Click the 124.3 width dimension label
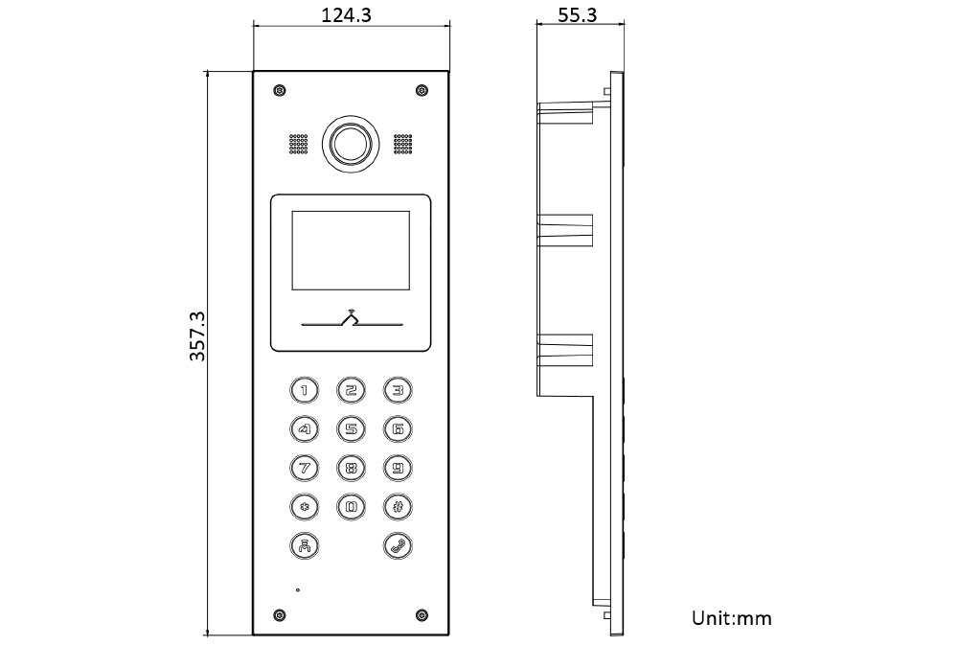(351, 14)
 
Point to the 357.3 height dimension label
(197, 335)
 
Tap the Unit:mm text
(731, 617)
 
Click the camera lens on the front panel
(351, 145)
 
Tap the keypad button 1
(304, 389)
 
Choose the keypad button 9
(398, 468)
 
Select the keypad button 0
(351, 507)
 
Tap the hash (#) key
(398, 507)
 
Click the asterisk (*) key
(304, 507)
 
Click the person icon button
(304, 546)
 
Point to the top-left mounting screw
(279, 91)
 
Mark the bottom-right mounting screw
(422, 614)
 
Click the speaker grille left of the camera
(299, 145)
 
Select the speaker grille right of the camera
(402, 145)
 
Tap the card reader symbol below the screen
(351, 319)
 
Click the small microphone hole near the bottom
(298, 589)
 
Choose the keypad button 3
(398, 389)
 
